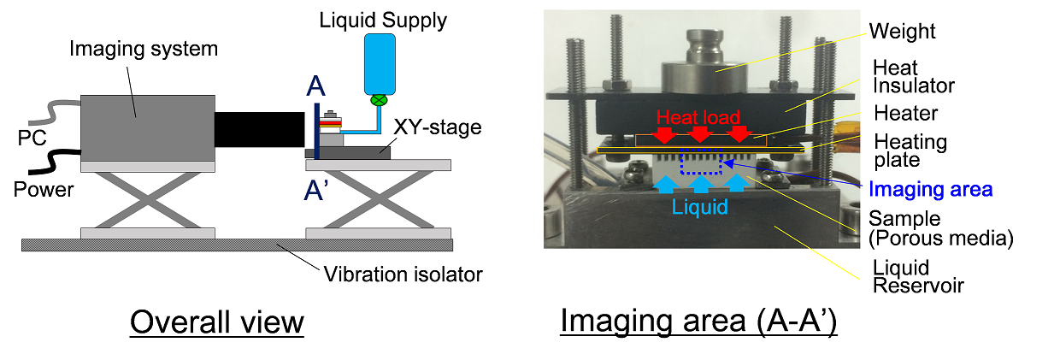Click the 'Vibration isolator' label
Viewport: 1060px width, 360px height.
pos(403,274)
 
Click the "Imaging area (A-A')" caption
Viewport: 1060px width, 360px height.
pos(698,322)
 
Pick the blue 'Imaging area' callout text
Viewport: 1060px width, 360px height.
pos(931,187)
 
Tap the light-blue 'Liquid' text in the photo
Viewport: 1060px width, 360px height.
pos(699,206)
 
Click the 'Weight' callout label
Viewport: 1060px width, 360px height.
pos(903,32)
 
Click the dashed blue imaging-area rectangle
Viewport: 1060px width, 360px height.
pos(700,162)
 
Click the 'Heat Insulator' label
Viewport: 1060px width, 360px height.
pos(913,76)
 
